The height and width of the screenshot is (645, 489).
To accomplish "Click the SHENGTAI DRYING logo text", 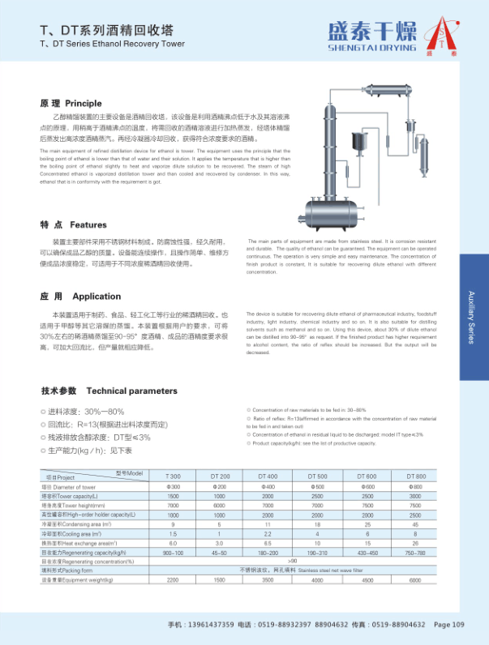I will [x=371, y=47].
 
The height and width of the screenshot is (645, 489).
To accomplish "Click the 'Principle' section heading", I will [x=84, y=104].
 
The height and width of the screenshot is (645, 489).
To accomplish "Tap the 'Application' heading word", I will [x=97, y=297].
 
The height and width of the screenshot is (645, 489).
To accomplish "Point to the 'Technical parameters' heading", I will [x=131, y=391].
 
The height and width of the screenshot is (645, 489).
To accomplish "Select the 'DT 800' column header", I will [x=416, y=476].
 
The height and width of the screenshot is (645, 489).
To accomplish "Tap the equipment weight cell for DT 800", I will [x=416, y=603].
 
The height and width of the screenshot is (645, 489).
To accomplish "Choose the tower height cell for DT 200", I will [x=220, y=505].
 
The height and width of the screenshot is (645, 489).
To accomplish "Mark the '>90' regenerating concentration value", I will [x=293, y=583].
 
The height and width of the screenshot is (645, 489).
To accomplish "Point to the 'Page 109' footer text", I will [x=449, y=625].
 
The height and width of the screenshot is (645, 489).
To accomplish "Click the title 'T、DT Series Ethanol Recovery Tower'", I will [x=113, y=44].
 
